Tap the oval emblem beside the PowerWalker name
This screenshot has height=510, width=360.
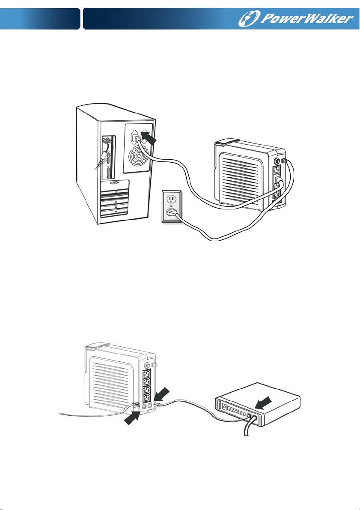click(250, 18)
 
